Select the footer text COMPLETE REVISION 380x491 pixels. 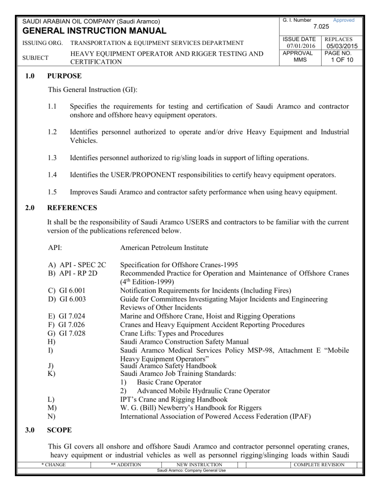coord(338,478)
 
